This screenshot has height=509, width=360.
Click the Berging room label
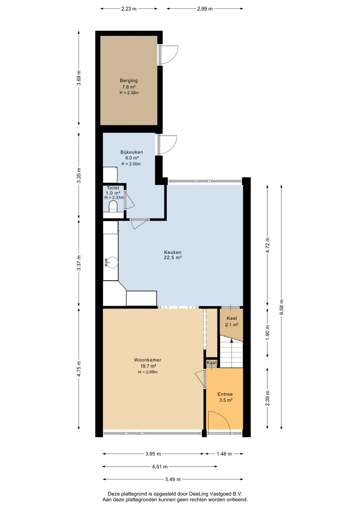click(x=129, y=81)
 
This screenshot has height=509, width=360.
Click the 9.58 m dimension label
click(x=282, y=307)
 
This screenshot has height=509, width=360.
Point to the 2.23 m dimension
click(x=129, y=9)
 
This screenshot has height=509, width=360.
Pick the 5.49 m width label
click(x=173, y=479)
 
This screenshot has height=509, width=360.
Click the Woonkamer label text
click(x=148, y=360)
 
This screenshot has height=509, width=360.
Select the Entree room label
click(x=225, y=394)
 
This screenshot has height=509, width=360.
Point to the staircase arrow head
click(x=231, y=341)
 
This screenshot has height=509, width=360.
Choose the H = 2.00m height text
click(x=131, y=164)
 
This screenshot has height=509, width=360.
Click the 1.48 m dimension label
click(x=224, y=454)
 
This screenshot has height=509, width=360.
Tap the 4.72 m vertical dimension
click(x=267, y=245)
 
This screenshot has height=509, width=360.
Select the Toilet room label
click(x=113, y=188)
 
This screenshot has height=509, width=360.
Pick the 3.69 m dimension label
click(x=79, y=78)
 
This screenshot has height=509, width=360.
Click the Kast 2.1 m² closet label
click(x=232, y=321)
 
